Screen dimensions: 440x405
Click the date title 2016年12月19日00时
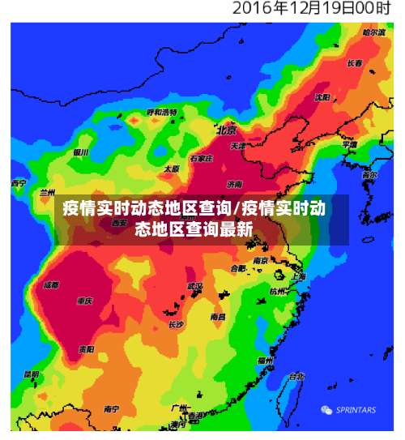[311, 10]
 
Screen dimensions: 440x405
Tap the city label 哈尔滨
[373, 32]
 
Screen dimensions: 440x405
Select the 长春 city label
[355, 63]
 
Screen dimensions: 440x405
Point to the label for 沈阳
[322, 97]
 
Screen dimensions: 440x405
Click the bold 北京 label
[226, 130]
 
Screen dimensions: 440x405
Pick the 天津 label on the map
[237, 147]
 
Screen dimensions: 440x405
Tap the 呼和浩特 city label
[162, 112]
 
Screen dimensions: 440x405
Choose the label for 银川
[80, 152]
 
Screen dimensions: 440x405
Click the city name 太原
[172, 169]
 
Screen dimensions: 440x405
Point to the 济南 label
[235, 183]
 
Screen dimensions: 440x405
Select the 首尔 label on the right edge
[369, 175]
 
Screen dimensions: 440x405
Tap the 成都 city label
[51, 284]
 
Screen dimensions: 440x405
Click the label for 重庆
[85, 301]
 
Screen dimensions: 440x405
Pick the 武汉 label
[194, 286]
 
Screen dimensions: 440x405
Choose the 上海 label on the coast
[298, 277]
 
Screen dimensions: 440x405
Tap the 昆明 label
[31, 374]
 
